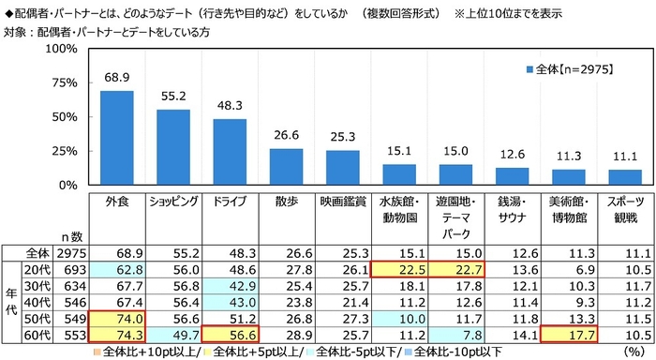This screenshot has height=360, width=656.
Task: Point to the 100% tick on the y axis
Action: (61, 49)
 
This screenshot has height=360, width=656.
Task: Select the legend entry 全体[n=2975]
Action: (573, 70)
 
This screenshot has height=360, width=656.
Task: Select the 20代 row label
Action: (37, 269)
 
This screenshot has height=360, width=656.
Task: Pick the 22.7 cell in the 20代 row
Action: (455, 269)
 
